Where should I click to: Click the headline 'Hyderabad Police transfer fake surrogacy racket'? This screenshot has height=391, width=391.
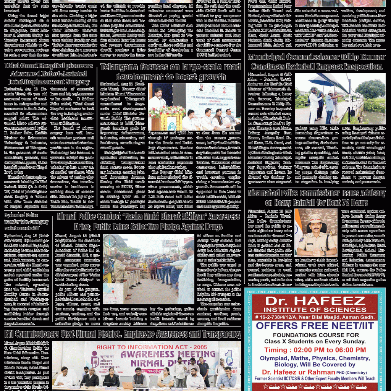click(x=26, y=221)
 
